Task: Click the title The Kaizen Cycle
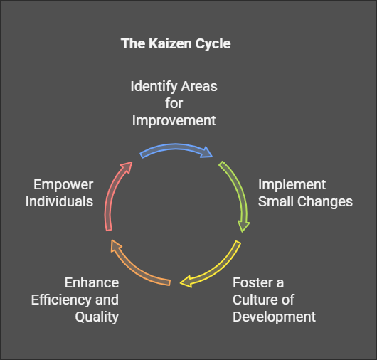click(175, 43)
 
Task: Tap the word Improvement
click(174, 120)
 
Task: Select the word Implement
click(292, 185)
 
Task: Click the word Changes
click(324, 201)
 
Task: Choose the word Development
click(275, 316)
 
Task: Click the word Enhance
click(91, 282)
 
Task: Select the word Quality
click(97, 317)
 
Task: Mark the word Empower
click(63, 185)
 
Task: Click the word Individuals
click(60, 201)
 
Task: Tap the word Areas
click(198, 86)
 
